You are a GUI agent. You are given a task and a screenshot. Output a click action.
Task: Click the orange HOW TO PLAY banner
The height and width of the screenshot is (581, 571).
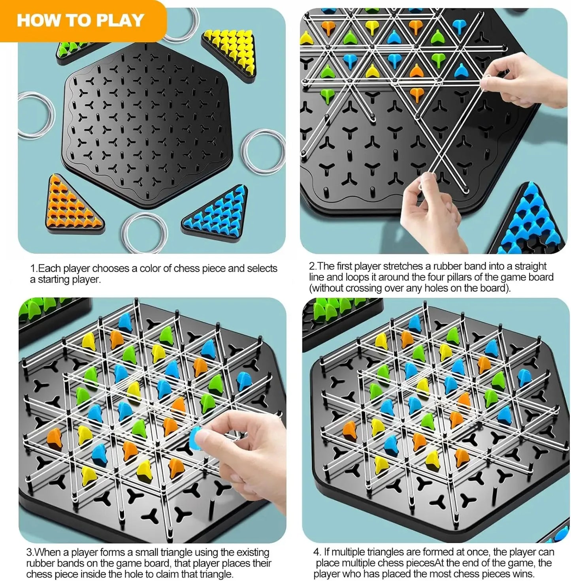point(81,21)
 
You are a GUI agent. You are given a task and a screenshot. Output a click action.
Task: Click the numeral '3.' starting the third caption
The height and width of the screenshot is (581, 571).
point(30,552)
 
